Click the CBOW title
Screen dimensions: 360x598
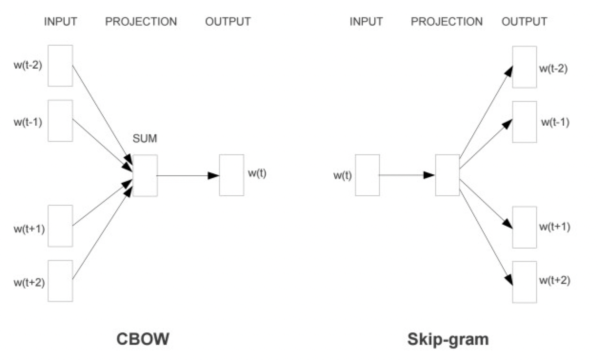tap(143, 340)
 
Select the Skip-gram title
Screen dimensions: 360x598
tap(448, 340)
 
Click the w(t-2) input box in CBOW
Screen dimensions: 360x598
tap(60, 66)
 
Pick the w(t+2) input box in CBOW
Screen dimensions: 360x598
tap(60, 281)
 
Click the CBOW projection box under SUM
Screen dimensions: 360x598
tap(145, 175)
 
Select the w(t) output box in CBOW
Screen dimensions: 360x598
tap(231, 175)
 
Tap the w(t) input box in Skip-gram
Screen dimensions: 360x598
tap(368, 175)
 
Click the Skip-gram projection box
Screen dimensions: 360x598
tap(448, 175)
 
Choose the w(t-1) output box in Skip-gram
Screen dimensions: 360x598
tap(525, 121)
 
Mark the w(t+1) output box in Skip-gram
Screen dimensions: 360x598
tap(525, 227)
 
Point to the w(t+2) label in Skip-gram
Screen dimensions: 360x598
tap(554, 280)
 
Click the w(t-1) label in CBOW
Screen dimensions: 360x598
tap(28, 122)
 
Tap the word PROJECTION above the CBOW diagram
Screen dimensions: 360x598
tap(141, 21)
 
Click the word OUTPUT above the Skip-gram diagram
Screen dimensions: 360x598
tap(524, 21)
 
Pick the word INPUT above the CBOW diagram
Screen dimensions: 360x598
tap(60, 21)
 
